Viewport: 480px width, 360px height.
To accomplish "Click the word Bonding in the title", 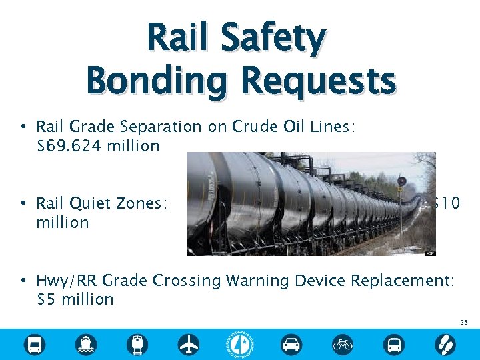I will click(x=157, y=82).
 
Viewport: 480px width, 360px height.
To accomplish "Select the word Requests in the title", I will click(x=319, y=82).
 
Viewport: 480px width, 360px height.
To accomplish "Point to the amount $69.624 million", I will click(x=98, y=145).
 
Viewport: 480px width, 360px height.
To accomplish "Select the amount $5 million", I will click(x=75, y=299).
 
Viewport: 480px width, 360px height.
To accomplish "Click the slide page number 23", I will click(x=463, y=322).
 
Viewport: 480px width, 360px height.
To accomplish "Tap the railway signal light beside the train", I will click(x=402, y=181).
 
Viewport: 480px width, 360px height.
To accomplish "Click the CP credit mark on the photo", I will click(x=431, y=253).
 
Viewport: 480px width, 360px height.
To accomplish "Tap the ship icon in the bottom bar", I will click(x=86, y=344).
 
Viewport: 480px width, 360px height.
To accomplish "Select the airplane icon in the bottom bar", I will click(x=189, y=344).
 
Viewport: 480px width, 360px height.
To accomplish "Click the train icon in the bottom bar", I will click(x=138, y=344).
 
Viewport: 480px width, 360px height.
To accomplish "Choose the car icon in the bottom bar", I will click(x=291, y=344).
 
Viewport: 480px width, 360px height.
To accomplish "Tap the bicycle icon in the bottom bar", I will click(x=343, y=344).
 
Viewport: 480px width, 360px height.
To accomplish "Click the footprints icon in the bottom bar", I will click(x=445, y=344).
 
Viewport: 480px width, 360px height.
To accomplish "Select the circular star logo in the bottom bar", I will click(x=240, y=343).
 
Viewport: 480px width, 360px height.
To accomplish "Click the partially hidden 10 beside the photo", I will click(x=448, y=203).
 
